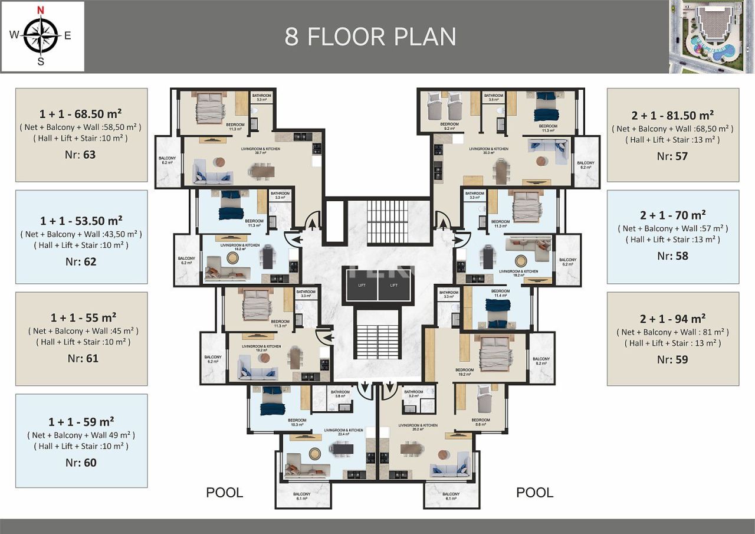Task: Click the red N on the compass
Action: point(40,9)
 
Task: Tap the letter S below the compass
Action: point(41,61)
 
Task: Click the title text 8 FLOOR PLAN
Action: point(370,37)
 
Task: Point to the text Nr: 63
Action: point(81,155)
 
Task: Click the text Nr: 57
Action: point(672,156)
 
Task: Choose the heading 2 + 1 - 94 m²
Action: point(672,319)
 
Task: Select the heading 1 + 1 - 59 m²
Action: point(81,421)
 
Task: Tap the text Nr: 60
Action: point(81,463)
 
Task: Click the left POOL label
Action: point(224,493)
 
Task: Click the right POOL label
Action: point(534,493)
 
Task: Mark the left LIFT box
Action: point(362,285)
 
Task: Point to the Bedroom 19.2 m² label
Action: point(464,372)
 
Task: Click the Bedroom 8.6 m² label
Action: point(481,422)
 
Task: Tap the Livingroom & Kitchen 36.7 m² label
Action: point(260,151)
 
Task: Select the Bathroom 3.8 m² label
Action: point(340,394)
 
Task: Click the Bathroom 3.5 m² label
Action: point(493,98)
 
